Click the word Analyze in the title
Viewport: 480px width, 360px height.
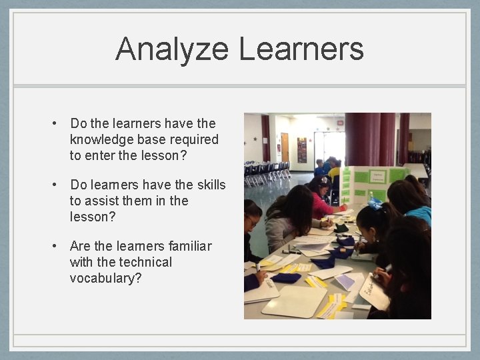pyautogui.click(x=173, y=49)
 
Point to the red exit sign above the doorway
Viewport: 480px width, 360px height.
pyautogui.click(x=340, y=123)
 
